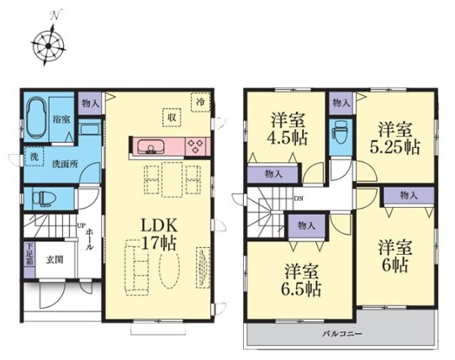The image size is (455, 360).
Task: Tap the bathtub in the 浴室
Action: point(36,117)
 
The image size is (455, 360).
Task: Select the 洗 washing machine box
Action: point(34,156)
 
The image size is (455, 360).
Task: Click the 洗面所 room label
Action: point(65,164)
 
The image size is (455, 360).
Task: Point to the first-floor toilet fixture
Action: point(45,199)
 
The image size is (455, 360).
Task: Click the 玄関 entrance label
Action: point(55,260)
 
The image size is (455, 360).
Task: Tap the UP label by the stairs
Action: point(81,225)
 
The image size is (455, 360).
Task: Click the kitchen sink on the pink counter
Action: point(151,146)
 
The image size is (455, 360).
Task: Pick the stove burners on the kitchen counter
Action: point(195,146)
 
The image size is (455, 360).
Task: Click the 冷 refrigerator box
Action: point(200,102)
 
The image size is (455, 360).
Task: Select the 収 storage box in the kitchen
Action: point(172,117)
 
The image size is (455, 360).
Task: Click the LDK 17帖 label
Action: point(158,234)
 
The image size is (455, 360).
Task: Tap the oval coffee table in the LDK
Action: point(169,267)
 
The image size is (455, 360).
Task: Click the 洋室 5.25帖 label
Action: point(394,138)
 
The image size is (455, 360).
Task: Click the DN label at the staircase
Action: point(299,199)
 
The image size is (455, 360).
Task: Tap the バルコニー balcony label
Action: point(342,334)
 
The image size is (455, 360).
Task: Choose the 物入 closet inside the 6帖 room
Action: point(409,196)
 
